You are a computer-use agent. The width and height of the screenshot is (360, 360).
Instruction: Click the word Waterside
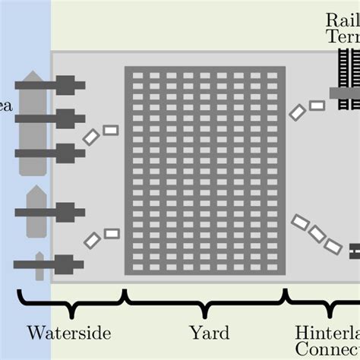coord(69,333)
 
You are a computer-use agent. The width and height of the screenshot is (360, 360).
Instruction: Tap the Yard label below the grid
coord(204,333)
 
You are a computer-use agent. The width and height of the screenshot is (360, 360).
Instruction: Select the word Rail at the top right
coord(343,20)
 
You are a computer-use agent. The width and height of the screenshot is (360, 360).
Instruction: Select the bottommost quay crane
coord(50,264)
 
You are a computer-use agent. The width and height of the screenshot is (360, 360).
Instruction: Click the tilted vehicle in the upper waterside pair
coord(91,137)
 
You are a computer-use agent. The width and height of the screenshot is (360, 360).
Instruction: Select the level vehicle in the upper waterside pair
coord(111,130)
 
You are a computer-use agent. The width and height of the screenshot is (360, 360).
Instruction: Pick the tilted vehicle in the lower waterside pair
coord(92,240)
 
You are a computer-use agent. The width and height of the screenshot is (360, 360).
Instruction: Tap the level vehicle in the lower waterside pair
coord(112,233)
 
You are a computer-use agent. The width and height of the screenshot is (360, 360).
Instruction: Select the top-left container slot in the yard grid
coord(138,76)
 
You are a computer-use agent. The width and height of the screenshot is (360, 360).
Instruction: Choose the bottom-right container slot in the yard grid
coord(273,264)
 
